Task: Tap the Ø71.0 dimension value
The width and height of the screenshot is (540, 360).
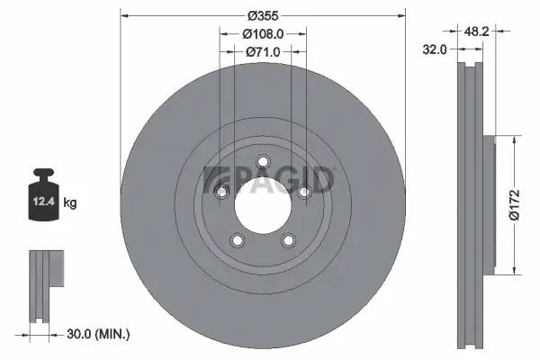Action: click(263, 52)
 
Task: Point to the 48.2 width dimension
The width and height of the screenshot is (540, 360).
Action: click(478, 30)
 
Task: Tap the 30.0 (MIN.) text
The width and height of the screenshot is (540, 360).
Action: click(99, 334)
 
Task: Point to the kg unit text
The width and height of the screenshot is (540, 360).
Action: click(70, 203)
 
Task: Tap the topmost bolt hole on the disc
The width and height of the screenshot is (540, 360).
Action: click(263, 162)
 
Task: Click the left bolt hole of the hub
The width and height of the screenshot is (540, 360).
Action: click(221, 191)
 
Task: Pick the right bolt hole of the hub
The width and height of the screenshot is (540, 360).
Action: click(304, 191)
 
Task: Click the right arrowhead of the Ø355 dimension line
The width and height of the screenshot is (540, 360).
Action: click(400, 15)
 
